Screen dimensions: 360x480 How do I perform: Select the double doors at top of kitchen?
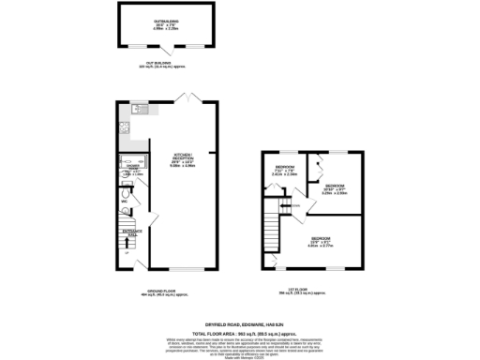tap(188, 97)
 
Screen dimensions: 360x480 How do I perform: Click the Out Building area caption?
tap(143, 67)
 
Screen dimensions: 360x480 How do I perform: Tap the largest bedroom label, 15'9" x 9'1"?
tap(320, 242)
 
